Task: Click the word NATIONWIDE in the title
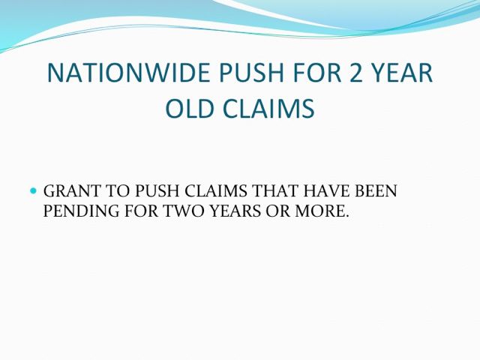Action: pyautogui.click(x=129, y=73)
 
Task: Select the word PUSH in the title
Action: pyautogui.click(x=251, y=73)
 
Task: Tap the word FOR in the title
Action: pyautogui.click(x=316, y=73)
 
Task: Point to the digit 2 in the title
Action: pyautogui.click(x=356, y=73)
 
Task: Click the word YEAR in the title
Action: pyautogui.click(x=402, y=73)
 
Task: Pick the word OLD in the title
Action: pyautogui.click(x=189, y=108)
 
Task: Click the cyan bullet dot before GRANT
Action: pyautogui.click(x=33, y=191)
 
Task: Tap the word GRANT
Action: pyautogui.click(x=72, y=190)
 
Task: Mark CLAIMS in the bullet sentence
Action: pyautogui.click(x=216, y=190)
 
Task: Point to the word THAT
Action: pyautogui.click(x=275, y=190)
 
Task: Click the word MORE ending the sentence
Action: pyautogui.click(x=322, y=211)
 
